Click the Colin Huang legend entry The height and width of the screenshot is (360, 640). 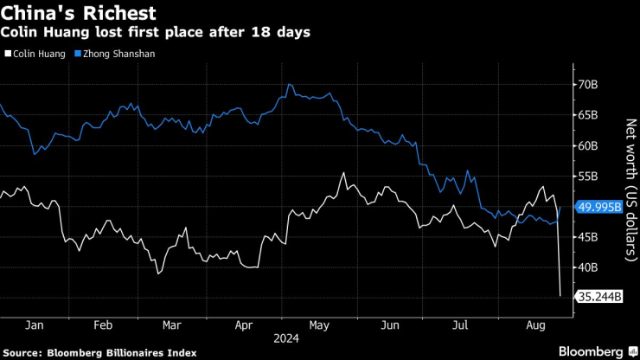tap(36, 54)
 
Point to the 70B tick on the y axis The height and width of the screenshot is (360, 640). tap(588, 85)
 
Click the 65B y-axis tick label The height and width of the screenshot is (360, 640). tap(588, 115)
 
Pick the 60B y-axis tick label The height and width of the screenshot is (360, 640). tap(588, 145)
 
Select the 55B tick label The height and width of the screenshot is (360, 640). tap(588, 176)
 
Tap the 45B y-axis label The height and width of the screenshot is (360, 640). tap(588, 237)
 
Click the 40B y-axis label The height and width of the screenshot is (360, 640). tap(588, 267)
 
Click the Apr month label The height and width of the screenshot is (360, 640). tap(244, 325)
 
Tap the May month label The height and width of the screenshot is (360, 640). tap(318, 325)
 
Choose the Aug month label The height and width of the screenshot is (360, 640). tap(537, 325)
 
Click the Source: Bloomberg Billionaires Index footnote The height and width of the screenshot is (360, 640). tap(100, 352)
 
